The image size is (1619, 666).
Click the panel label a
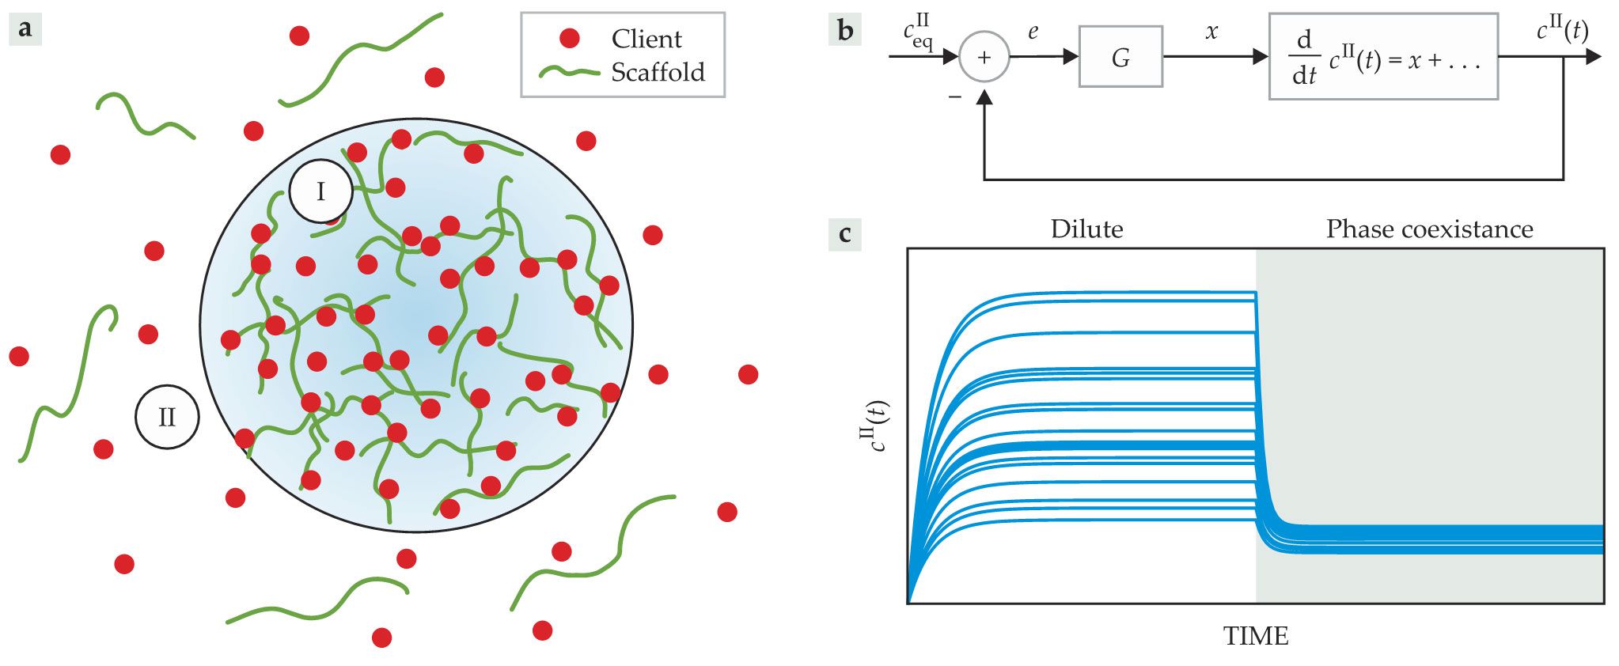25,29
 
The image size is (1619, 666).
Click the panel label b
845,30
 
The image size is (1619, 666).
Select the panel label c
845,235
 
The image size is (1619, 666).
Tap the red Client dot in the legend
570,38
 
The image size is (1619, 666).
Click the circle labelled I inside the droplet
320,191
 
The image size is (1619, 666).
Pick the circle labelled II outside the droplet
167,417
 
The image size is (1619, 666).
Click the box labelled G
1120,57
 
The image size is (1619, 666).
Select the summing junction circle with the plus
984,57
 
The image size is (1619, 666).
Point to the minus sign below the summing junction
955,96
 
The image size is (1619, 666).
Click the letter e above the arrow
1033,32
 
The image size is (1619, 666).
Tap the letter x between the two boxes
1211,32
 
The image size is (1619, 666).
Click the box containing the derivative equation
1383,57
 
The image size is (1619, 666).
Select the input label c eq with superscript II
918,33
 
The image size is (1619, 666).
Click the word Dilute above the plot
1086,229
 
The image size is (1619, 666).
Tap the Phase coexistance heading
1429,229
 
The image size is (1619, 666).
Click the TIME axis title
1256,636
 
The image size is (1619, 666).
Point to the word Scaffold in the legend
658,72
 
